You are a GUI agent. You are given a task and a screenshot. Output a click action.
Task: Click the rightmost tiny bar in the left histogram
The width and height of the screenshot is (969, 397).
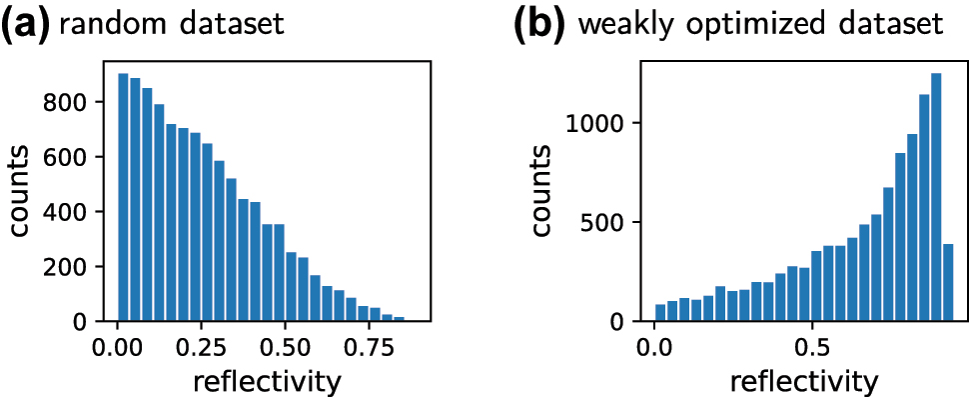399,319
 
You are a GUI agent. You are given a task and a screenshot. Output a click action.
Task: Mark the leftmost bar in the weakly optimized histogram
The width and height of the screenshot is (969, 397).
660,313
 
